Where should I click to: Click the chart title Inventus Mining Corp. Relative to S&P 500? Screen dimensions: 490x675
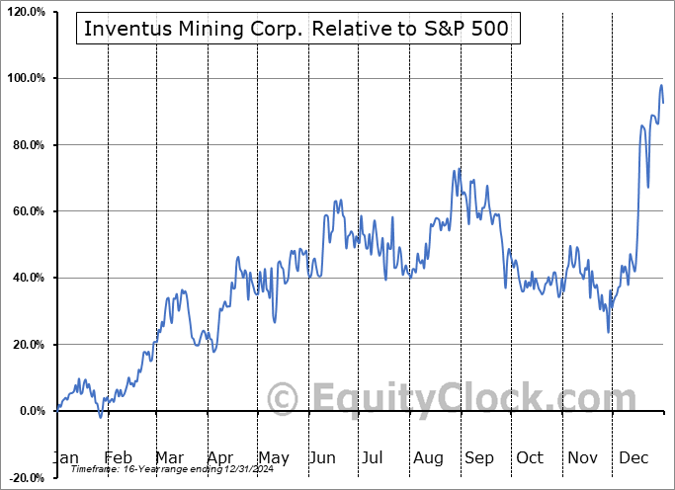click(296, 29)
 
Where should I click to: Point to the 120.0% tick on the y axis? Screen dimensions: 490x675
click(25, 11)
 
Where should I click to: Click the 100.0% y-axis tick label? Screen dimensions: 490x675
click(25, 78)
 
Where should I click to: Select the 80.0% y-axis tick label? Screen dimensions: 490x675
click(27, 145)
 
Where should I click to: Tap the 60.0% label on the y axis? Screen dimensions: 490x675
click(27, 211)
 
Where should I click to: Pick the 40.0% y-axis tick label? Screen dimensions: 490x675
click(27, 279)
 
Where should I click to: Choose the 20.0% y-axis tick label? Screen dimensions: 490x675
click(27, 345)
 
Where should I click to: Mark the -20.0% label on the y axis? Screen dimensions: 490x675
click(25, 478)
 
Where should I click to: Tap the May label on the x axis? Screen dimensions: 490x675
click(274, 458)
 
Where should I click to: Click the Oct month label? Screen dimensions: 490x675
click(529, 458)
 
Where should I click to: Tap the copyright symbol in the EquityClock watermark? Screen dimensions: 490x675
click(283, 399)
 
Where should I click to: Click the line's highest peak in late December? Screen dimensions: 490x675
click(661, 85)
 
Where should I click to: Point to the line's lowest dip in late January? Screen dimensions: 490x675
click(100, 417)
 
